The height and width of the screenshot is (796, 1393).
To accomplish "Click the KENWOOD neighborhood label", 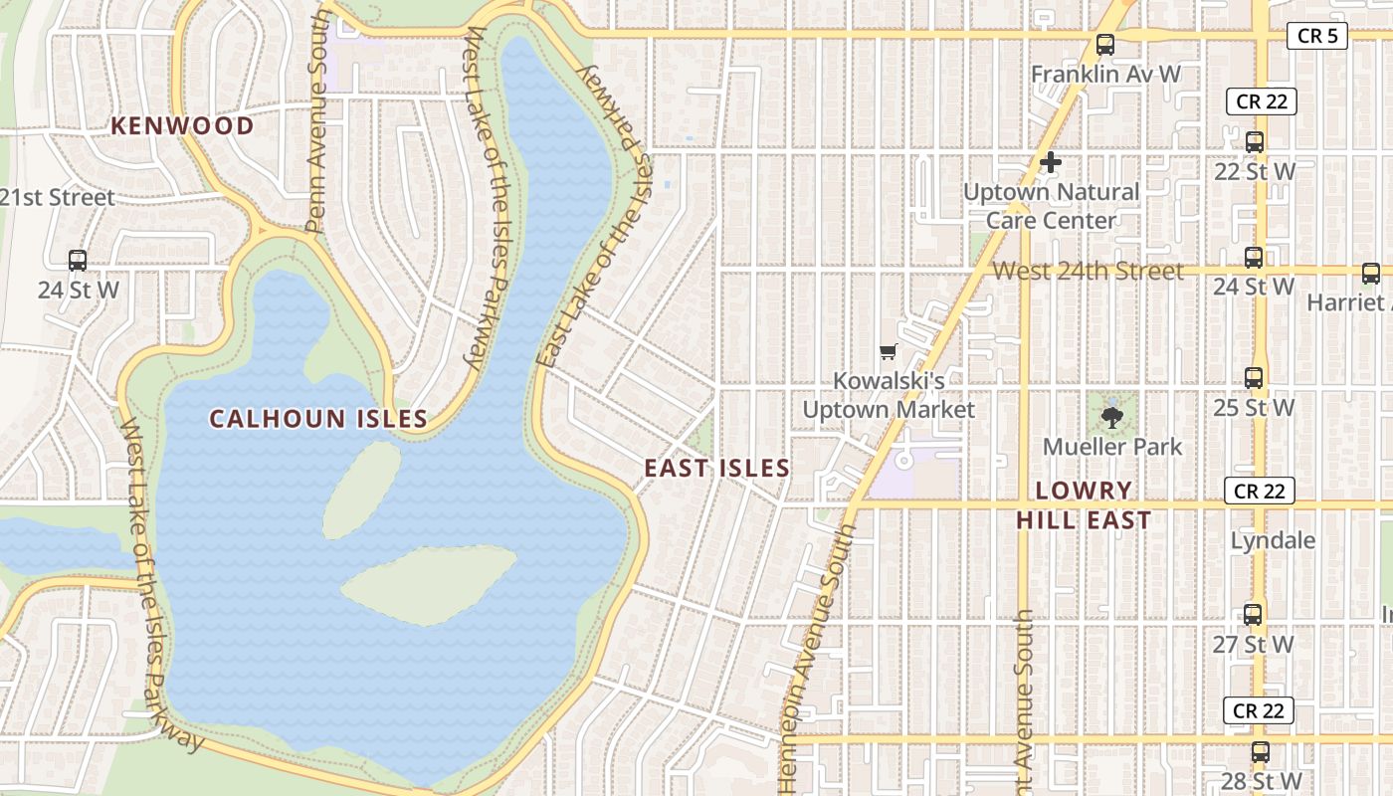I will [182, 125].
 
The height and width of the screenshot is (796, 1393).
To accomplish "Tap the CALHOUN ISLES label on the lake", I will [318, 419].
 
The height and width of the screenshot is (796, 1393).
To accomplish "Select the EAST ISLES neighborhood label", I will [716, 468].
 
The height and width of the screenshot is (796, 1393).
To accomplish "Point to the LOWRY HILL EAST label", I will [1084, 504].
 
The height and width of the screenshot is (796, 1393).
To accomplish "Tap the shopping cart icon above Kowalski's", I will [888, 351].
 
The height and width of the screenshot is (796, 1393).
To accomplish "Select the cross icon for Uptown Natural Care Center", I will [1051, 161].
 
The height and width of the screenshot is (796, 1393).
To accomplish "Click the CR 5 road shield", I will [1317, 36].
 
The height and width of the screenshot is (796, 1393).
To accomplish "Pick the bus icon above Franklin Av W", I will [1104, 45].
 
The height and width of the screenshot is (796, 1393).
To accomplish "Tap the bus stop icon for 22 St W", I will [1254, 142].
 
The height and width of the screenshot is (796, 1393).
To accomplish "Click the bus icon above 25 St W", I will [1254, 378].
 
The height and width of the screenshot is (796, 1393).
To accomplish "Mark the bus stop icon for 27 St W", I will [1253, 614].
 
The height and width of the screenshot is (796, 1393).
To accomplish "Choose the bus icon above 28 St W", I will [1261, 751].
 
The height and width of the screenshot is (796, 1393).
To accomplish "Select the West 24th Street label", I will [1089, 270].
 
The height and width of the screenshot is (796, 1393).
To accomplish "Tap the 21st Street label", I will [57, 197].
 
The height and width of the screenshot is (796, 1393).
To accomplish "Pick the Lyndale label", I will [1273, 540].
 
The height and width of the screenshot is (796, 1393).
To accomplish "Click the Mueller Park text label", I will [1112, 447].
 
